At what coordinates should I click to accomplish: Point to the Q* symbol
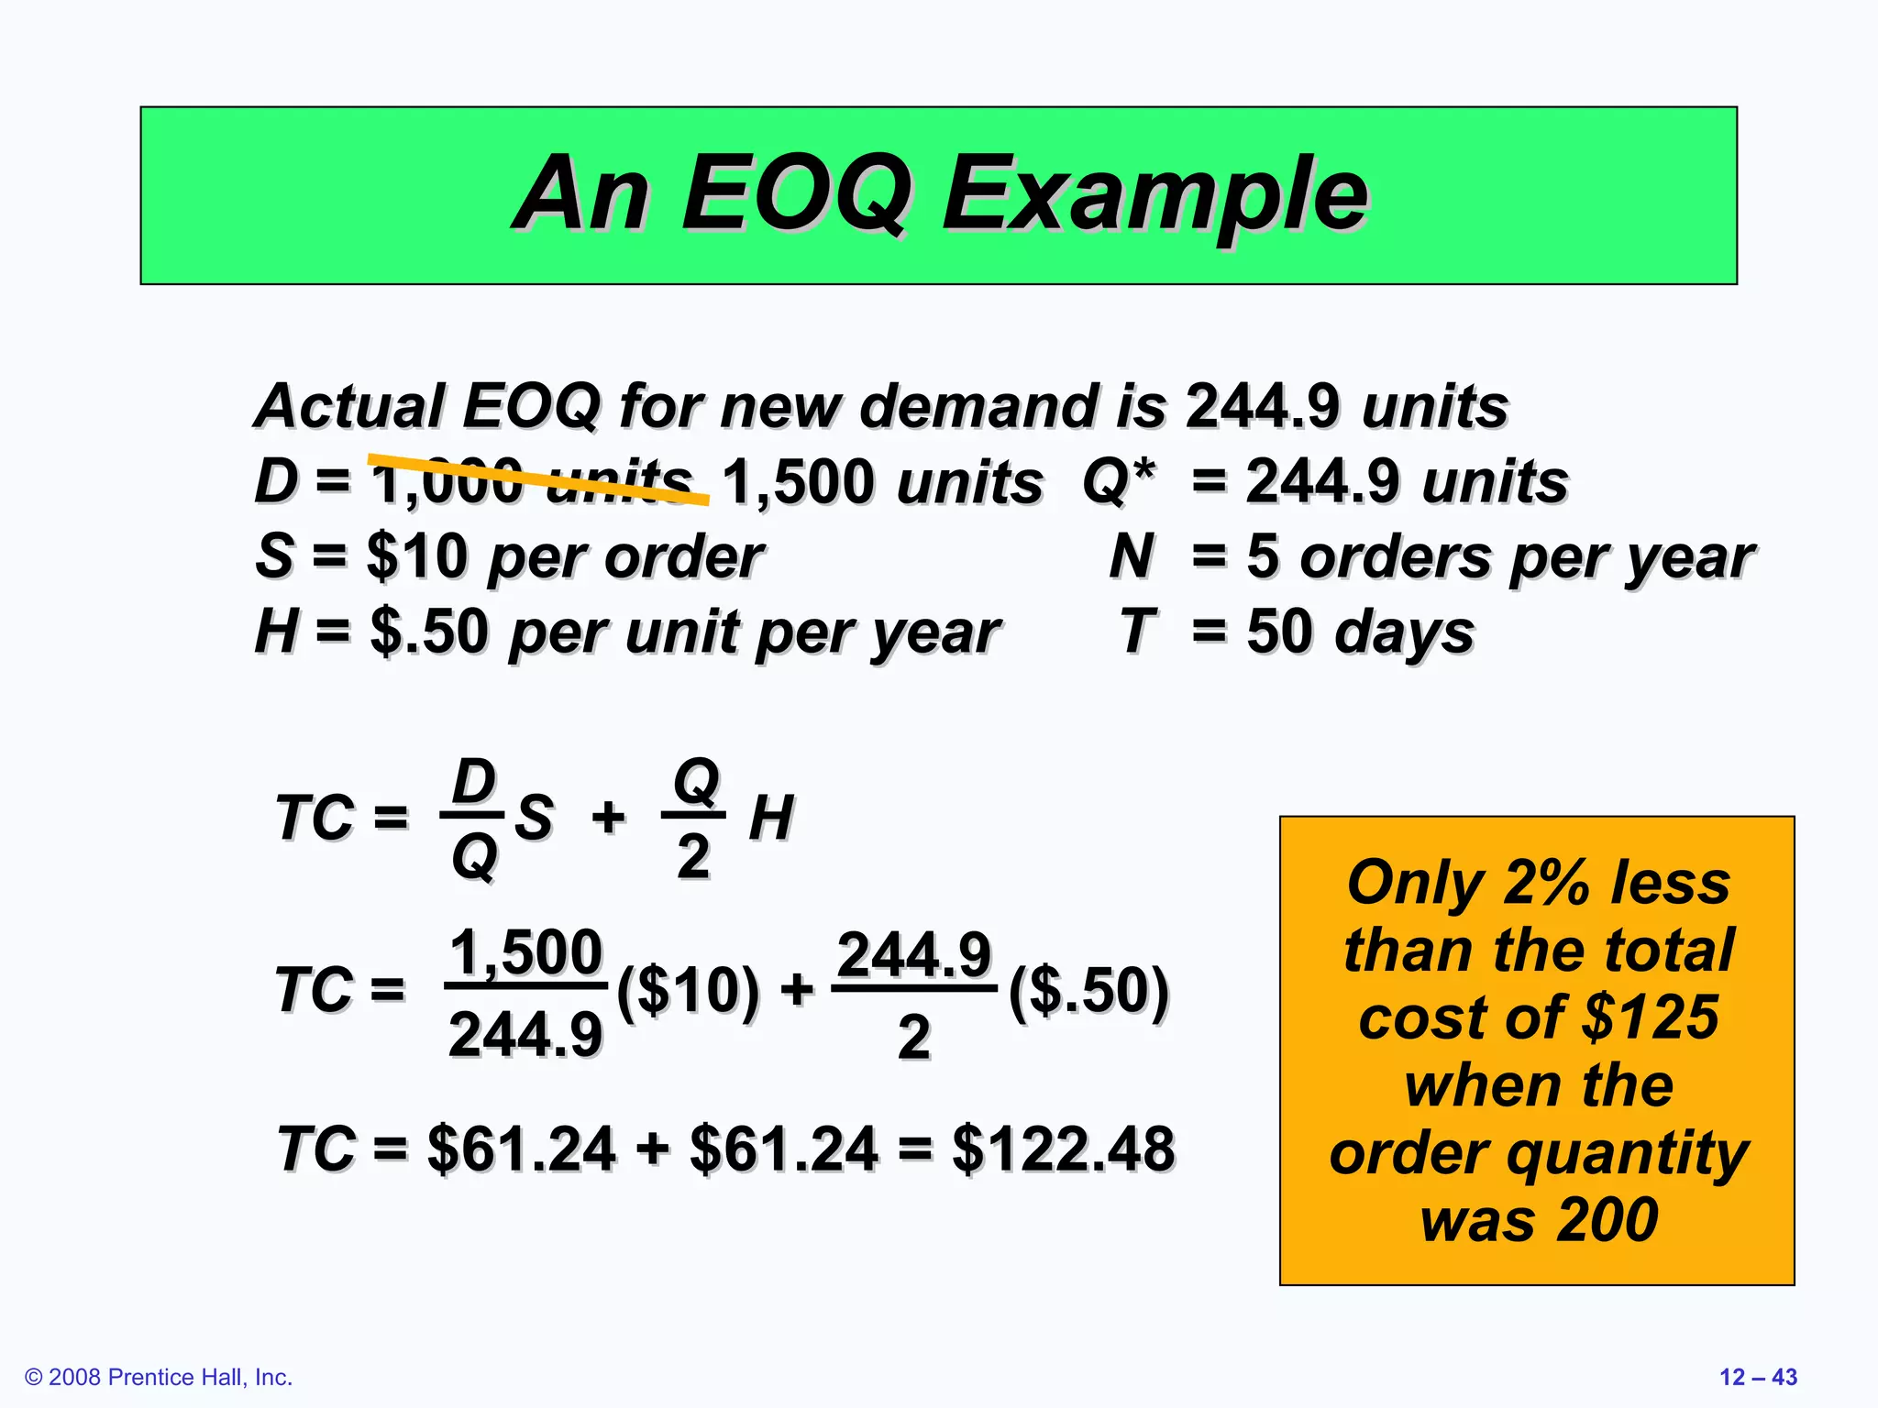coord(1118,481)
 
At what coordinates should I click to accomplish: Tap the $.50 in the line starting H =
coord(428,632)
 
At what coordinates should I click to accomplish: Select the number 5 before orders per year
coord(1262,556)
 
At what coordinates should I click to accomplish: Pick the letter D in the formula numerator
coord(474,782)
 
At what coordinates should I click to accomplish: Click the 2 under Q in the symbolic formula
coord(693,857)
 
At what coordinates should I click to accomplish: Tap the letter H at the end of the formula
coord(770,818)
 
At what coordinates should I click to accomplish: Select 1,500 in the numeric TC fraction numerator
coord(525,952)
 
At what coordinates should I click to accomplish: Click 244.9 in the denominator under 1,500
coord(525,1035)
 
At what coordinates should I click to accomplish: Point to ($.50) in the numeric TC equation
coord(1088,991)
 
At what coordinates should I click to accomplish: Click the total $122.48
coord(1063,1149)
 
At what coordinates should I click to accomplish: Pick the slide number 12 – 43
coord(1758,1377)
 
